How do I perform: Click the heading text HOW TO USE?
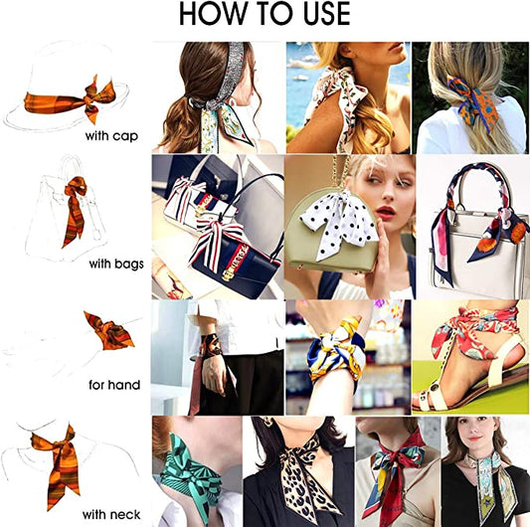265,15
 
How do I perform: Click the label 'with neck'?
111,513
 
